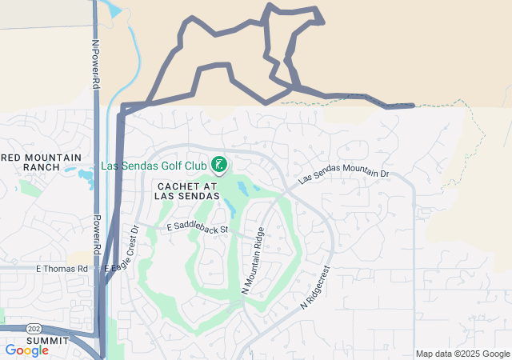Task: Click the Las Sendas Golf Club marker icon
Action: (x=218, y=166)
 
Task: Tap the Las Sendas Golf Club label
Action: (x=154, y=166)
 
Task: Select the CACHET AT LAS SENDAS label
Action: (x=183, y=190)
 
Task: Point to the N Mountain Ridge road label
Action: (x=253, y=261)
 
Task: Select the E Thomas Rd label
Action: (x=61, y=269)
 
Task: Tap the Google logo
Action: (x=26, y=350)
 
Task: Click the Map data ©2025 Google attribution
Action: (x=462, y=354)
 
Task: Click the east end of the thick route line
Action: (x=412, y=105)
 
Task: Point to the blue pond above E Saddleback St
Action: (x=230, y=209)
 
